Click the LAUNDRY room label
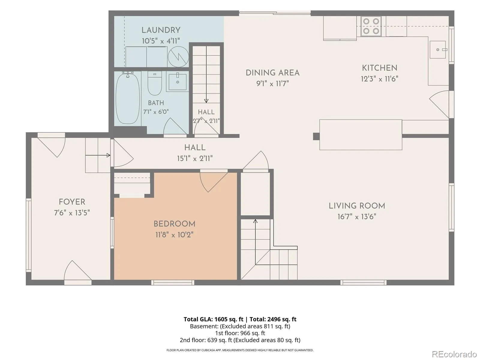point(161,30)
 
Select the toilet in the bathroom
point(154,83)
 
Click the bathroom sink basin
point(178,82)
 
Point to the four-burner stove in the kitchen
point(371,26)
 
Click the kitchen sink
point(438,49)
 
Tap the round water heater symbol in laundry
point(178,57)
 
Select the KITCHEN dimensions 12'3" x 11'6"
point(379,79)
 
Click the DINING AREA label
point(272,73)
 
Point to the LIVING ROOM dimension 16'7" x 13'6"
point(357,217)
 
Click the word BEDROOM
point(174,224)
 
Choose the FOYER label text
point(72,202)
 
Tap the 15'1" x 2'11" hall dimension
point(195,158)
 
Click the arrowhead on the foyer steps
point(109,155)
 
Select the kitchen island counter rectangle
point(361,135)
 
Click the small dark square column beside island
point(316,136)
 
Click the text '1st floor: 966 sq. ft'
point(240,333)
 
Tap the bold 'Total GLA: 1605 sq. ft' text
point(213,319)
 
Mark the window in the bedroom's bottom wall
point(172,283)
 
